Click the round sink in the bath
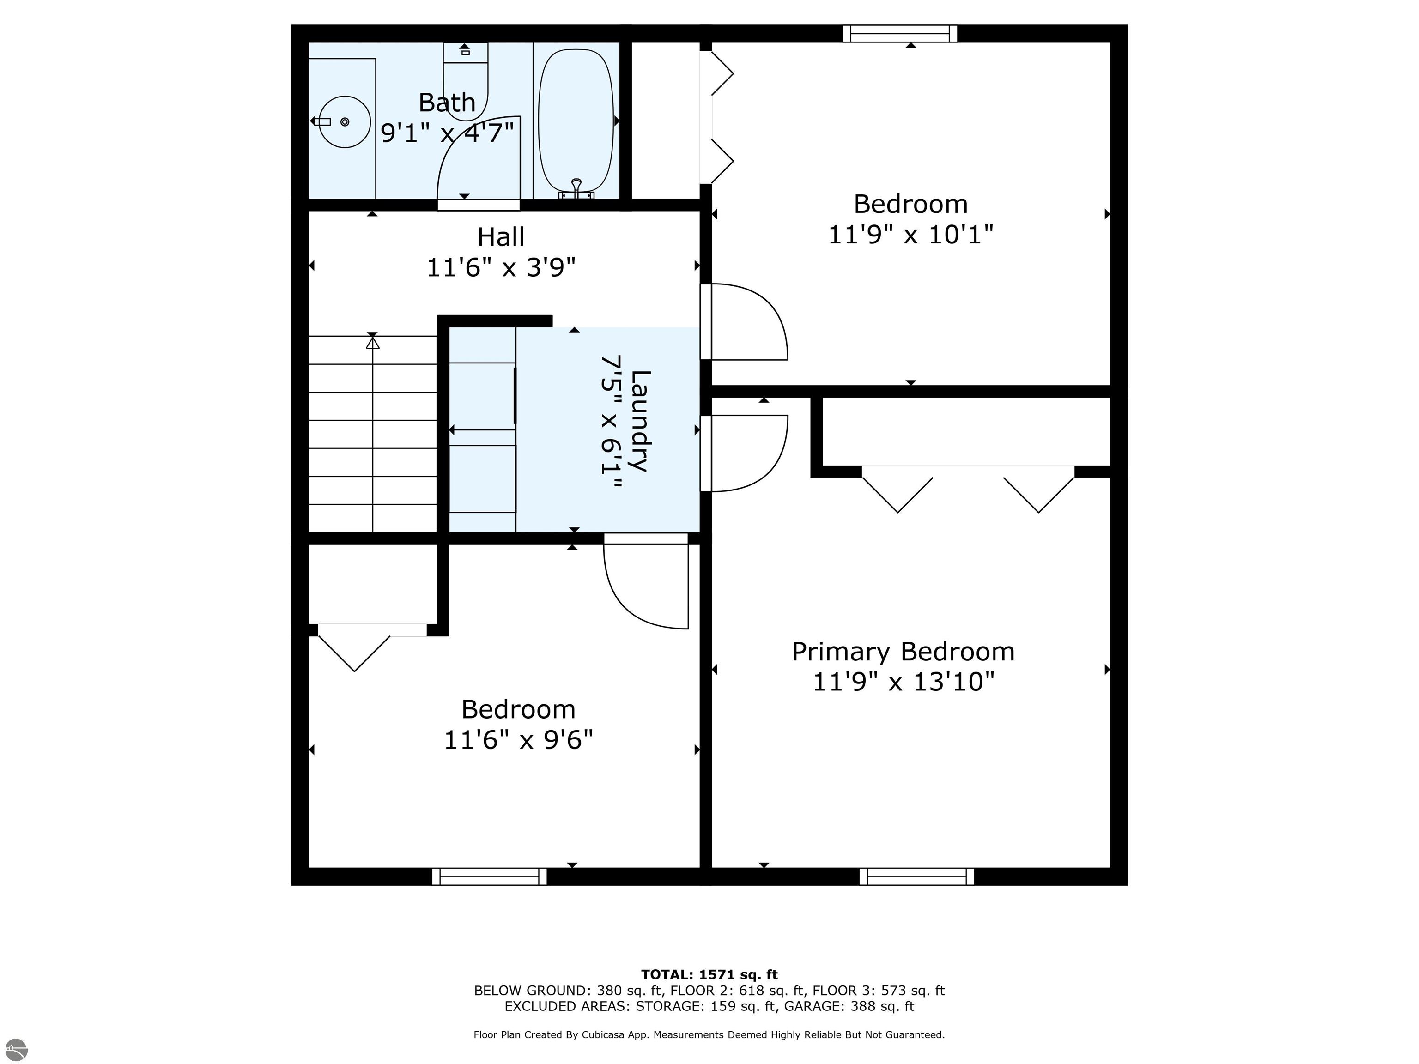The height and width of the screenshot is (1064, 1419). coord(345,122)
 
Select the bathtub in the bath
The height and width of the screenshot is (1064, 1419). coord(576,122)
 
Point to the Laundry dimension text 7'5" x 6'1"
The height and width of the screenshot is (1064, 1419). coord(610,423)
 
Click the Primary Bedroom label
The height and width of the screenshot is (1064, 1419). coord(903,652)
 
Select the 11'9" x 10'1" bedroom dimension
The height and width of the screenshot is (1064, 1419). coord(910,235)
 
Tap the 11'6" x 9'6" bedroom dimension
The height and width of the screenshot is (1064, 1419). coord(518,740)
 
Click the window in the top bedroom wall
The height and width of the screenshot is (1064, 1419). coord(899,33)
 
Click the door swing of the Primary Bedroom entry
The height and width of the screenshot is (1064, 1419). coord(747,453)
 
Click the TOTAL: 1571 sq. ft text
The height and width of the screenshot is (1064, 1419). coord(709,975)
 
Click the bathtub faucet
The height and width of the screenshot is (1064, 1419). coord(576,187)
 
